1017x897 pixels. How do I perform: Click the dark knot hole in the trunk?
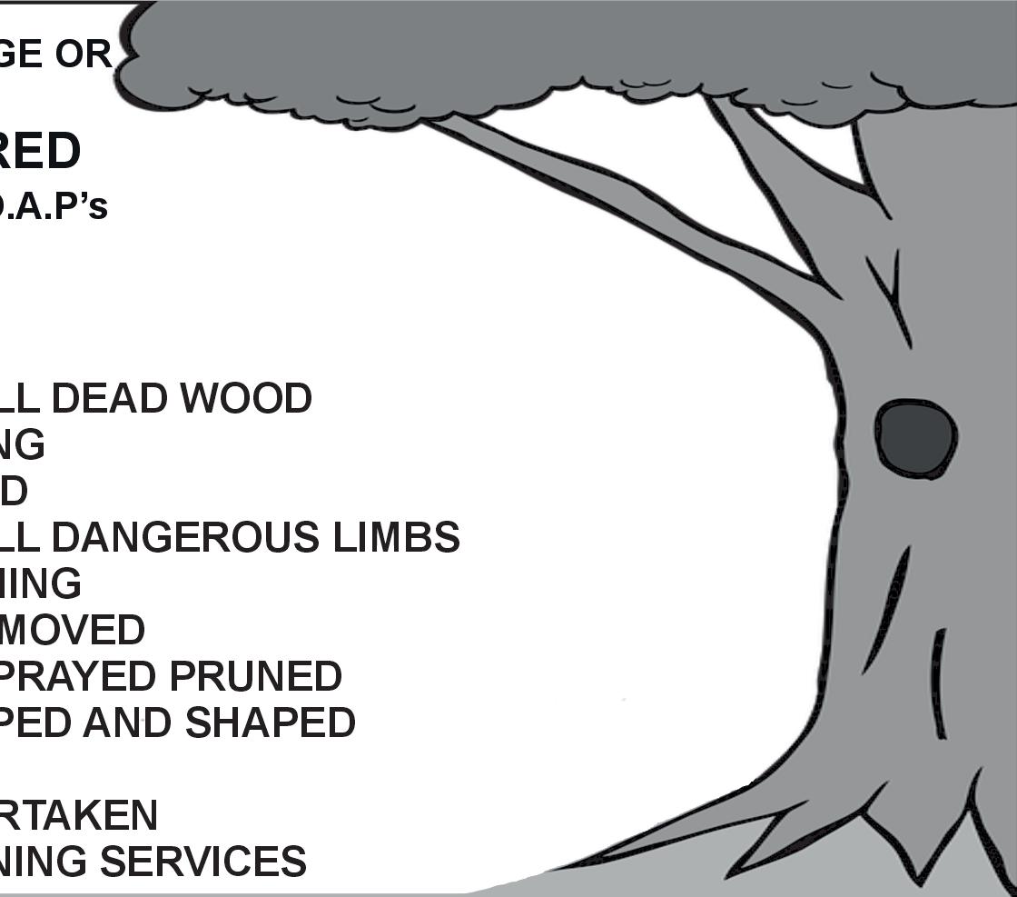click(915, 439)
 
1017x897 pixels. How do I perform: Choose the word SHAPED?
click(270, 723)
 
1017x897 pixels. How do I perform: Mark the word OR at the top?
click(84, 55)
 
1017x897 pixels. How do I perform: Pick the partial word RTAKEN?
click(78, 815)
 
